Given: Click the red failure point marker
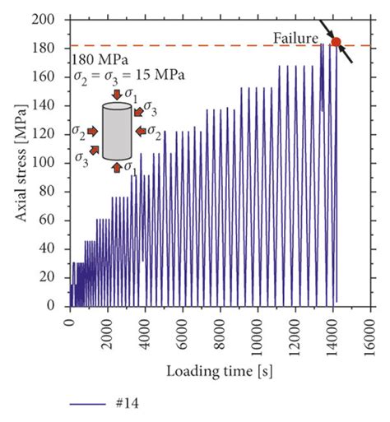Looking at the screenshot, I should [x=336, y=41].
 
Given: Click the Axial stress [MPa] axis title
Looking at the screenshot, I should [x=19, y=163].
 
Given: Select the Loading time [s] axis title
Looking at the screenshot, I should [x=220, y=371].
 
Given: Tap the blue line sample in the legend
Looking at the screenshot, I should [x=86, y=404].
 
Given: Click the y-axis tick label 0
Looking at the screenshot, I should [x=57, y=305].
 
